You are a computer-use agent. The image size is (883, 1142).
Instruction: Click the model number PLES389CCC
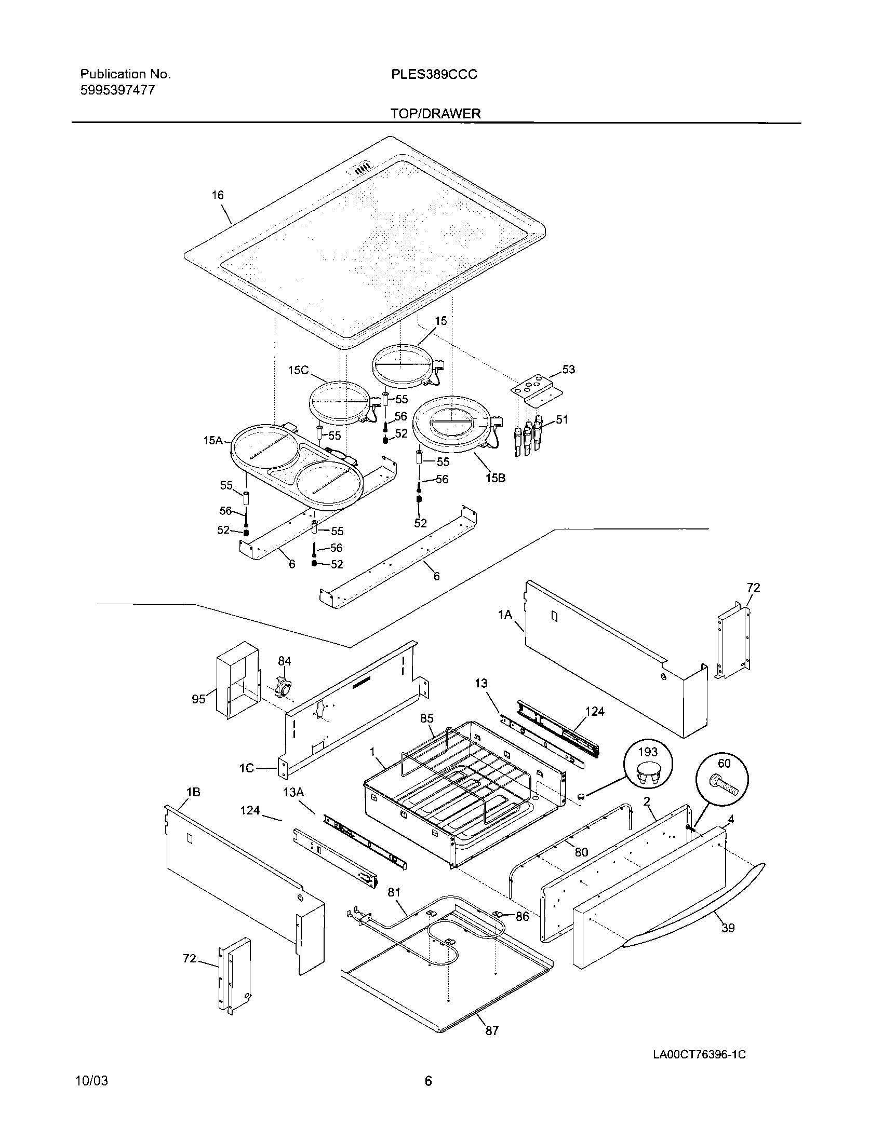tap(434, 75)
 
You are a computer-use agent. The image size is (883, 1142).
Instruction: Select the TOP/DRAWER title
tap(435, 114)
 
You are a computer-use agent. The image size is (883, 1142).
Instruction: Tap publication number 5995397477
tap(117, 90)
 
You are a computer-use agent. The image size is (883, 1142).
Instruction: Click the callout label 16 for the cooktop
tap(218, 195)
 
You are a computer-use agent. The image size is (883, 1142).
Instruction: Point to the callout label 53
tap(568, 369)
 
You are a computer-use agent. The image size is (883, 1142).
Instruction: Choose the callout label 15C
tap(298, 370)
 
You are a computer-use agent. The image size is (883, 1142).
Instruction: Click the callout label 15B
tap(495, 478)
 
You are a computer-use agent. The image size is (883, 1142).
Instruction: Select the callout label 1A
tap(505, 615)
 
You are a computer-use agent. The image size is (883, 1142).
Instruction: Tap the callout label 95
tap(198, 699)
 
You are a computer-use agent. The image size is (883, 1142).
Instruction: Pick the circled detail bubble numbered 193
tap(648, 767)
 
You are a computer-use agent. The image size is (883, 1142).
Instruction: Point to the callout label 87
tap(492, 1030)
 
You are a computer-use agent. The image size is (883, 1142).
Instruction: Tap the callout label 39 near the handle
tap(728, 928)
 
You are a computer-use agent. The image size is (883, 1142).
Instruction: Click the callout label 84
tap(284, 661)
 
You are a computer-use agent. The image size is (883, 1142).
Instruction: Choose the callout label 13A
tap(293, 792)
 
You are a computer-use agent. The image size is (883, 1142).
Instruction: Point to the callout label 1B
tap(193, 792)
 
